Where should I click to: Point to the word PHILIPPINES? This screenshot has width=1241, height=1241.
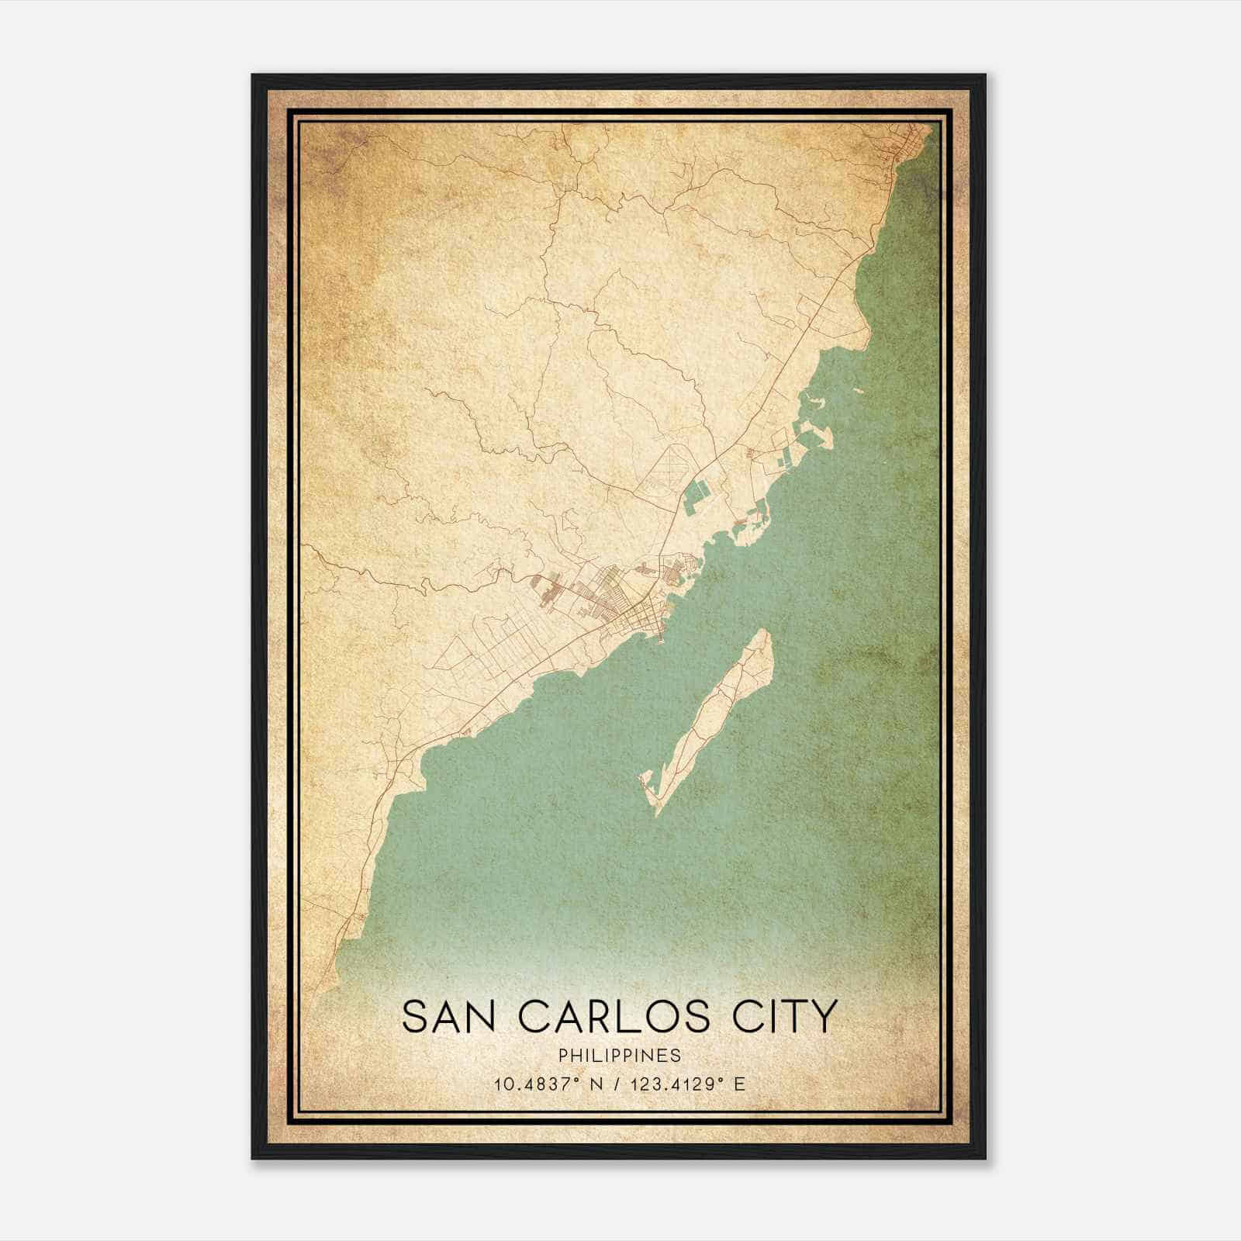[620, 1056]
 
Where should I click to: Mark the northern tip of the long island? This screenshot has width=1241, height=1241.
[764, 632]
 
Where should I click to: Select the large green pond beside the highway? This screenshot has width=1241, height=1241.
[697, 497]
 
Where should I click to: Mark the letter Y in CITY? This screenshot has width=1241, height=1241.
[824, 1017]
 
